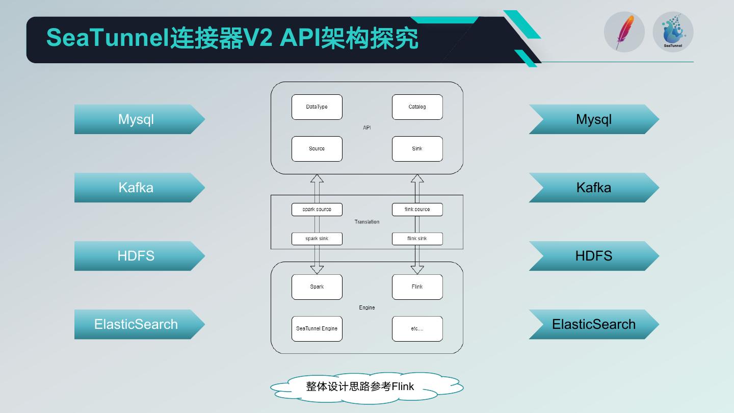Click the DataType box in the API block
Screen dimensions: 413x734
click(317, 107)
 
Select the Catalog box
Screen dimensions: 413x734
click(417, 107)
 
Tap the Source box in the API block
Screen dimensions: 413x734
click(317, 149)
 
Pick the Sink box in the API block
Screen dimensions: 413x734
click(417, 149)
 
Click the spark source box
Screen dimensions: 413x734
click(317, 210)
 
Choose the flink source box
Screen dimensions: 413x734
click(417, 210)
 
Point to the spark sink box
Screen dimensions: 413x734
click(317, 239)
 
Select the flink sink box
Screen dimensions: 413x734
click(417, 239)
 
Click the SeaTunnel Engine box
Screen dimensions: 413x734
click(317, 328)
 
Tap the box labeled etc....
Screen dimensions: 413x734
click(417, 328)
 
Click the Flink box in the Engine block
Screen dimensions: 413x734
click(417, 287)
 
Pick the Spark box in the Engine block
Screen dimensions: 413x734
click(317, 287)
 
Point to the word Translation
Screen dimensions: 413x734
click(367, 222)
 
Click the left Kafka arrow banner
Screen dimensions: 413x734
click(137, 188)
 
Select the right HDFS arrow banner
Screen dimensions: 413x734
click(594, 256)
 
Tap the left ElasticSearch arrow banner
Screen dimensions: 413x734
click(137, 324)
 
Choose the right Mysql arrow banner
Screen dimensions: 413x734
click(594, 119)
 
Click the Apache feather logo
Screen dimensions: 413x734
click(624, 32)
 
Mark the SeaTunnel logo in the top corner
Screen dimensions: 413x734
click(673, 32)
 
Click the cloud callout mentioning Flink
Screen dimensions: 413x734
click(366, 387)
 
